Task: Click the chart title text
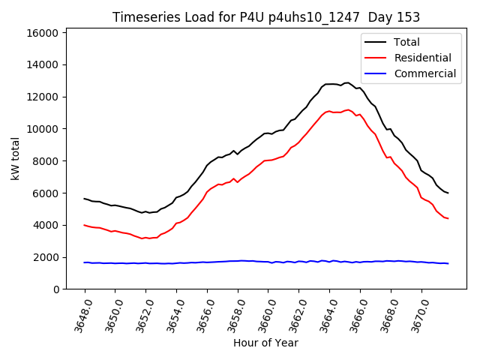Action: tap(266, 17)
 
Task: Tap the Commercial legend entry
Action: tap(424, 73)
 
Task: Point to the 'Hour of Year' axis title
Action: tap(266, 343)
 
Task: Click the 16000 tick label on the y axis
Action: tap(43, 33)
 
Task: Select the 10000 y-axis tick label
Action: tap(43, 129)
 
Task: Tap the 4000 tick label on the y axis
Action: tap(46, 225)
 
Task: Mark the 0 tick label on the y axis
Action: tap(55, 289)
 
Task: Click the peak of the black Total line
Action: tap(347, 82)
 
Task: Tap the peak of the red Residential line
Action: tap(347, 109)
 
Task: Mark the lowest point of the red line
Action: tap(142, 238)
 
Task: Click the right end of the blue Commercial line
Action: tap(448, 263)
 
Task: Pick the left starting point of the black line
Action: tap(84, 199)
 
